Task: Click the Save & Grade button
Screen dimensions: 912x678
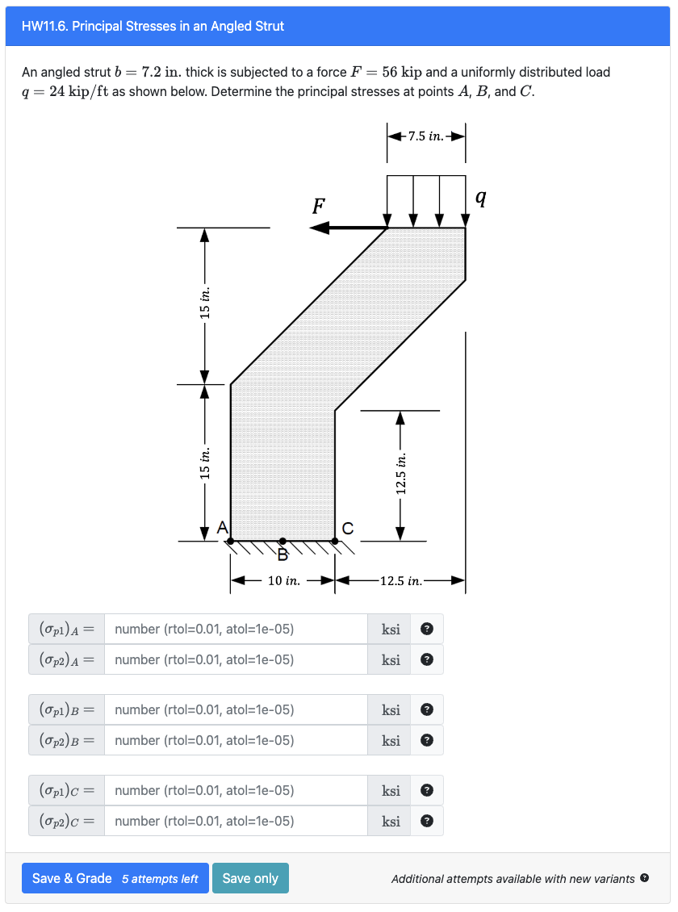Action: (x=115, y=878)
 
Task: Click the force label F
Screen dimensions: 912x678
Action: (x=319, y=206)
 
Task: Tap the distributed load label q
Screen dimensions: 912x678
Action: (x=481, y=196)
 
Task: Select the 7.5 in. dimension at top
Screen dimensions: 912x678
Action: (x=426, y=136)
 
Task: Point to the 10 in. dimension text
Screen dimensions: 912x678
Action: (x=283, y=580)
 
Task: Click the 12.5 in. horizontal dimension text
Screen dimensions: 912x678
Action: (x=401, y=580)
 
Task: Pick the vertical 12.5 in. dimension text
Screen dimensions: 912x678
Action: (x=401, y=472)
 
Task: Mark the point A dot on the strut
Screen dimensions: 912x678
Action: (x=231, y=542)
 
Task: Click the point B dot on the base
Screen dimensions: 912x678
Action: (x=282, y=542)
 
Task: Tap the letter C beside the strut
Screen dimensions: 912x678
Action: (x=347, y=529)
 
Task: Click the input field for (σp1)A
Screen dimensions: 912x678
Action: (x=236, y=630)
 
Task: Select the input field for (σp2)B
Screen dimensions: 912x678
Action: (x=236, y=741)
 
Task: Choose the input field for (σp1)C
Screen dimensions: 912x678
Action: (x=236, y=791)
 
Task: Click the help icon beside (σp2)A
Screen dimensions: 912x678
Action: (x=427, y=660)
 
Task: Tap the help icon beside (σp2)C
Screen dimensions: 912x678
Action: (x=427, y=822)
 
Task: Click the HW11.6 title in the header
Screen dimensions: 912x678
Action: (x=153, y=26)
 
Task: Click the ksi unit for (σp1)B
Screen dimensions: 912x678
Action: (x=391, y=710)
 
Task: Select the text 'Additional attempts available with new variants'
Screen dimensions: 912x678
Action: (x=513, y=879)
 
